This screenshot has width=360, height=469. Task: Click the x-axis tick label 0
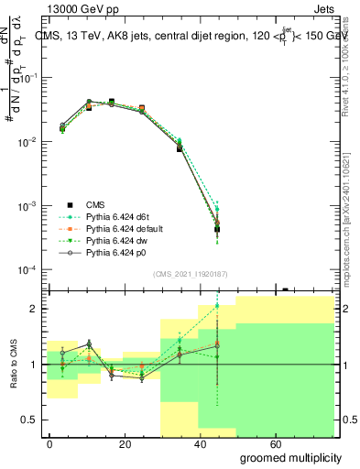[x=49, y=443]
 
